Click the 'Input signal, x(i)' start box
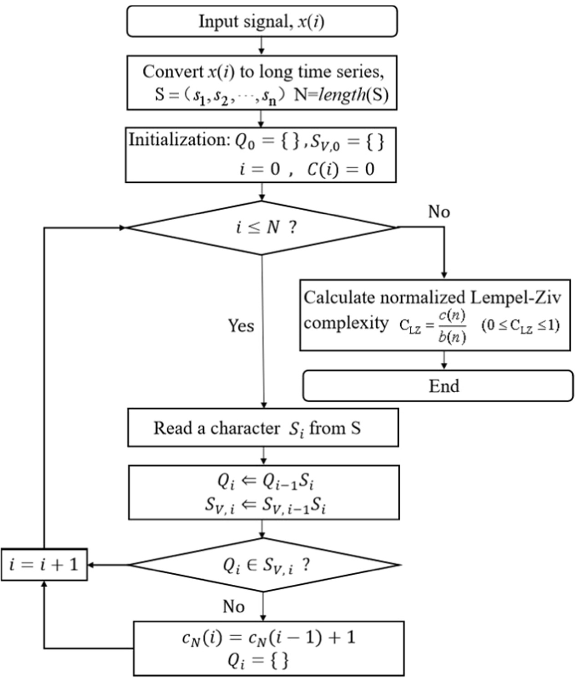(262, 21)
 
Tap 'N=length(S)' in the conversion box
(341, 95)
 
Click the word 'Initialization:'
(179, 140)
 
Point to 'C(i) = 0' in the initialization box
(340, 169)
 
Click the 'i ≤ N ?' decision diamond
(262, 228)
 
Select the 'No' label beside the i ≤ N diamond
(439, 212)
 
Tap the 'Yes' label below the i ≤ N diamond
(241, 325)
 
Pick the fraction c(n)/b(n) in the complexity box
(452, 326)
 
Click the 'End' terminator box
(438, 386)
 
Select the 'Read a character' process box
(263, 428)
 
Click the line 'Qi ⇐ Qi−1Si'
(265, 481)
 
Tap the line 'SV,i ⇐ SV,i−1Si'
(265, 505)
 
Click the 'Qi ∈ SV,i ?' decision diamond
(264, 565)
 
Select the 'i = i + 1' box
(44, 565)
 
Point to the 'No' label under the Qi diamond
(233, 606)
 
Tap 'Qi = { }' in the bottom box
(258, 660)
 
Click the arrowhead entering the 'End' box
(444, 366)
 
